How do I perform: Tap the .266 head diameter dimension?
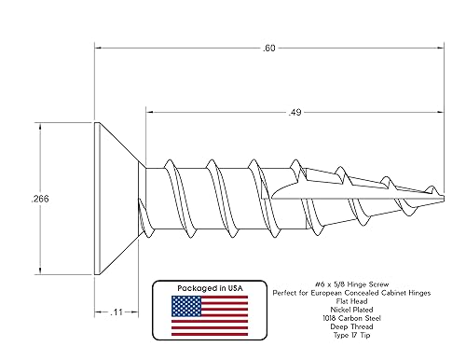pyautogui.click(x=39, y=199)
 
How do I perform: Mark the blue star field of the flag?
pyautogui.click(x=185, y=304)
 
